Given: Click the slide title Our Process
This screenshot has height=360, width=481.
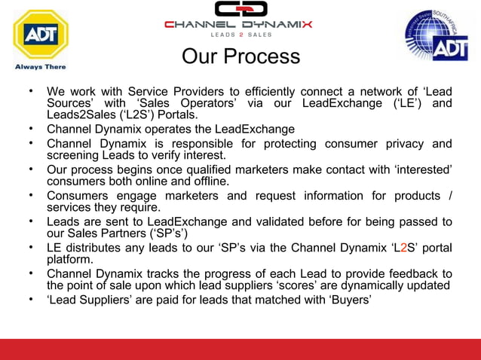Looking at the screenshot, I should click(241, 56).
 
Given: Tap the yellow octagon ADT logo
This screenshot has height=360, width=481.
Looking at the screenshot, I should click(41, 33).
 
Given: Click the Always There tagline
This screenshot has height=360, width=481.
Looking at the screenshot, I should click(41, 66).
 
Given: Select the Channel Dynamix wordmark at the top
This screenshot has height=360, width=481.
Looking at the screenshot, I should click(238, 24).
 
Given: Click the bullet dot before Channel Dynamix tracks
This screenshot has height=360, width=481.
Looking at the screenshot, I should click(31, 273).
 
